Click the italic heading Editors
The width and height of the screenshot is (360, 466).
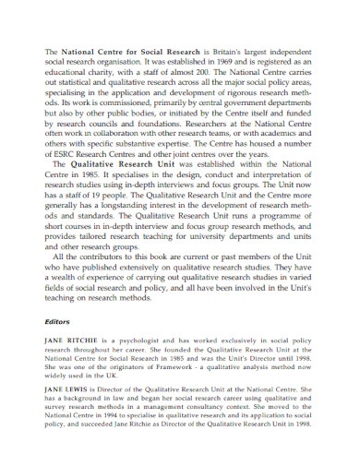(x=57, y=322)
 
